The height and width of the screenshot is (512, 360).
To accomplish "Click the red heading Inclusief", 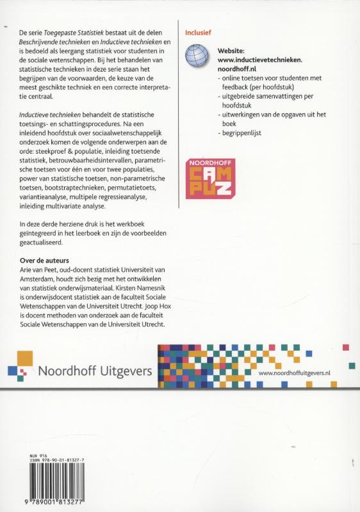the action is click(x=197, y=31).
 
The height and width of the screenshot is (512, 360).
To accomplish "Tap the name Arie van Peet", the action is click(x=45, y=271).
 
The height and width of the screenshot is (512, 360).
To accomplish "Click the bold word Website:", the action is click(x=234, y=49).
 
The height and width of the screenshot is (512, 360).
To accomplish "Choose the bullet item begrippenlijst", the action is click(x=242, y=133).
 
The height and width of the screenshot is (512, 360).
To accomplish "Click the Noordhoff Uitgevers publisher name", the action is click(x=95, y=370).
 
